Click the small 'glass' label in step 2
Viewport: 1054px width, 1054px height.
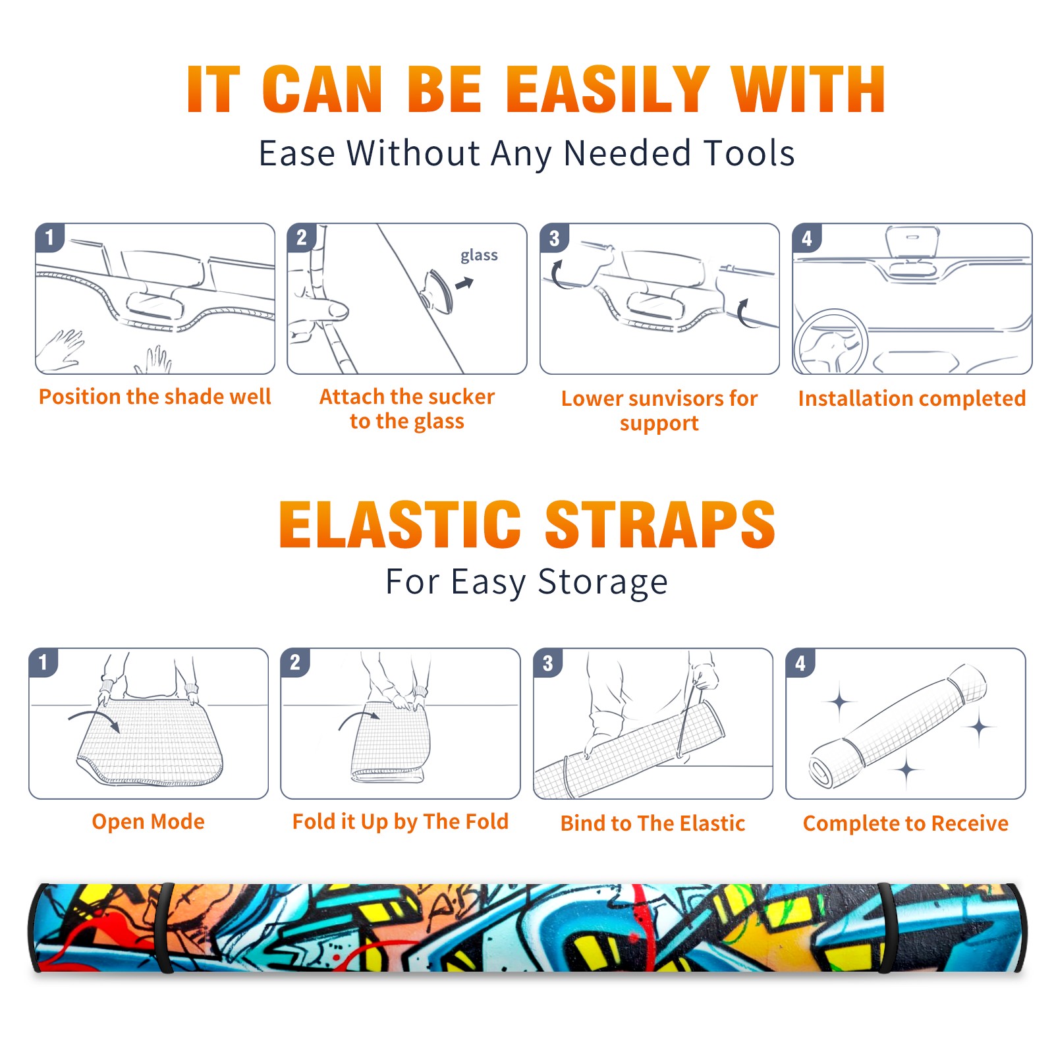click(x=479, y=256)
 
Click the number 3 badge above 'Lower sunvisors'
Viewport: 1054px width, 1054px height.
click(x=554, y=238)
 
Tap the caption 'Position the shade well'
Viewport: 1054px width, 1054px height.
click(x=155, y=397)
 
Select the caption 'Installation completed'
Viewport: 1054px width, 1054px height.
click(x=912, y=398)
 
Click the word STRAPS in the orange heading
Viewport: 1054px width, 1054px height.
click(x=660, y=524)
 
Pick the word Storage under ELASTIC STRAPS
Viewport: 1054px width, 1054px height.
click(x=603, y=582)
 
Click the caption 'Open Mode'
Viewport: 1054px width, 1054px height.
click(x=148, y=821)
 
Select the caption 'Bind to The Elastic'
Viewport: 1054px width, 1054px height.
click(x=653, y=823)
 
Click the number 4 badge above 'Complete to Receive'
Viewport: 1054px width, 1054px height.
click(x=800, y=663)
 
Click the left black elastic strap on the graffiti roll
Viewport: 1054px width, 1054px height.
click(x=165, y=928)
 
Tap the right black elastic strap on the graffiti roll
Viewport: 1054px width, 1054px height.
click(x=885, y=928)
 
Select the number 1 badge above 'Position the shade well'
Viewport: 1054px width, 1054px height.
click(x=49, y=238)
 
